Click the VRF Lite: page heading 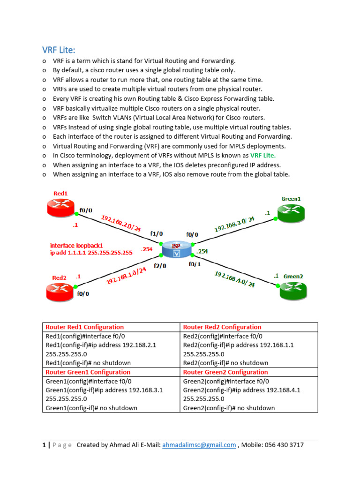(59, 50)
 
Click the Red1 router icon (61, 206)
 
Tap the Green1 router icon (291, 213)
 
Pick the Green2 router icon (293, 291)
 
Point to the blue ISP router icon (177, 249)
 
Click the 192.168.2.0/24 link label (121, 223)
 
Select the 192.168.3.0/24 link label (234, 224)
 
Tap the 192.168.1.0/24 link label (127, 275)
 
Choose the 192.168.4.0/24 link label (234, 279)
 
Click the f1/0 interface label (157, 233)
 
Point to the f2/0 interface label (160, 266)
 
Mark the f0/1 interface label (195, 264)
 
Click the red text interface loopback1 (76, 245)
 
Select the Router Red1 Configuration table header (85, 327)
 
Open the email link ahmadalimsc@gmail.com (199, 445)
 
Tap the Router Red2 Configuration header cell (222, 327)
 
